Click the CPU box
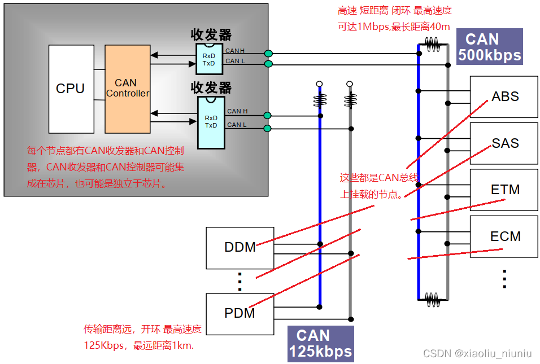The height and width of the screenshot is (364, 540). [71, 89]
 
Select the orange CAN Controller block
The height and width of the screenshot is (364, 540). [128, 89]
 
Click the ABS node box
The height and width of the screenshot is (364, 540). [504, 97]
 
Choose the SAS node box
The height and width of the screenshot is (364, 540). [504, 143]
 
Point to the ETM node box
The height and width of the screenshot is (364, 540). [504, 190]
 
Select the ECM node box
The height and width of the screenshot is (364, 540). [504, 236]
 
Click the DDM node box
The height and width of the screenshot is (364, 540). [240, 247]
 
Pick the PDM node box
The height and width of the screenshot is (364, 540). [240, 313]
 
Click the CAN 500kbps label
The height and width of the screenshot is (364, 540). [489, 47]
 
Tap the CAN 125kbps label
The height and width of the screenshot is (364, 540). [320, 344]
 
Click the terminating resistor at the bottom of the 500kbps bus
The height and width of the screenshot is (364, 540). [432, 299]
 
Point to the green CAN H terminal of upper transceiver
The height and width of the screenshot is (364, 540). [268, 54]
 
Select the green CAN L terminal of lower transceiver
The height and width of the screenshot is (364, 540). [268, 129]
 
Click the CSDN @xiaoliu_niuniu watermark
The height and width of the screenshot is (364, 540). [477, 354]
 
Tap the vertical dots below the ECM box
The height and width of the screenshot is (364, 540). [504, 279]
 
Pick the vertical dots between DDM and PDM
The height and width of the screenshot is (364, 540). [239, 280]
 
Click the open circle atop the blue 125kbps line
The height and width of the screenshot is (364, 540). [319, 84]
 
